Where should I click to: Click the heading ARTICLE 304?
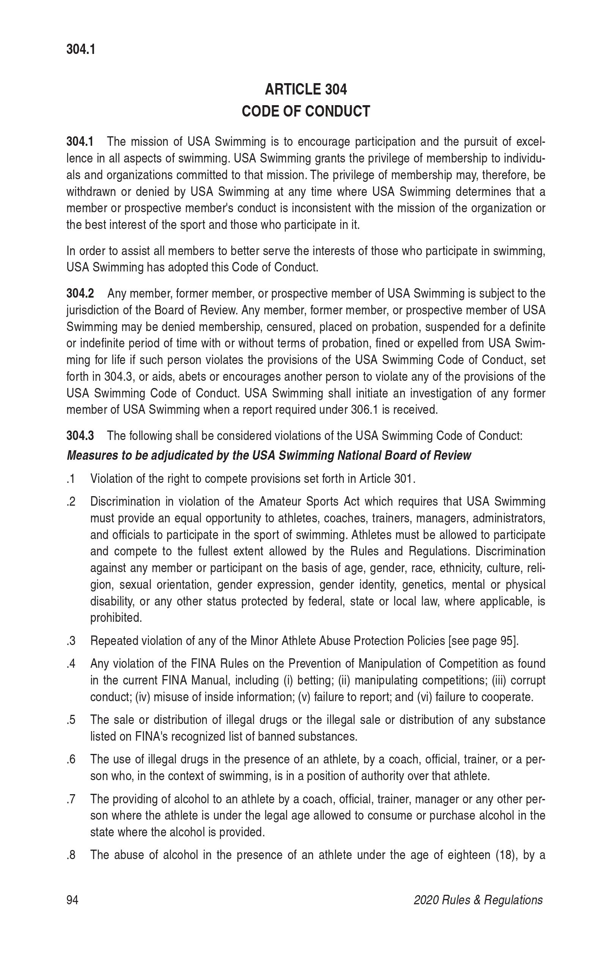pos(305,90)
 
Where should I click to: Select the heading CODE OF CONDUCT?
pos(305,111)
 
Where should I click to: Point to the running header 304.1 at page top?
pos(81,50)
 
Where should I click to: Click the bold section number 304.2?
pos(80,294)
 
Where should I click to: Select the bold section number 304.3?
pos(80,436)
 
